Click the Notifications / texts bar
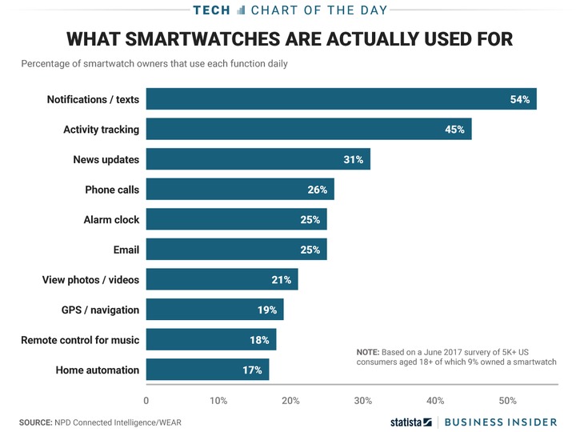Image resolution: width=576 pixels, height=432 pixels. [x=341, y=99]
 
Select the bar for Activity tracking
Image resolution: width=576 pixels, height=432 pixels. [x=308, y=129]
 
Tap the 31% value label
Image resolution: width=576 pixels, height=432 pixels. [x=354, y=159]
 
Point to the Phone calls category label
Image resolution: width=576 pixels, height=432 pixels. [x=112, y=190]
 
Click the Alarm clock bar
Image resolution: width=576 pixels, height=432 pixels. [x=236, y=219]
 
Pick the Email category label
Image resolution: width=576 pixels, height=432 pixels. [x=126, y=250]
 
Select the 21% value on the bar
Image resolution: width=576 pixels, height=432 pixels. [x=282, y=280]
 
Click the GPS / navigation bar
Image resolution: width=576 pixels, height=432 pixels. [x=214, y=310]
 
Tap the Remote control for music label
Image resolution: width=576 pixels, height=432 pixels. [x=80, y=340]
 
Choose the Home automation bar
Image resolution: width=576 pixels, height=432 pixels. [x=207, y=370]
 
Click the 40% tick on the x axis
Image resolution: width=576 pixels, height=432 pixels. [x=435, y=400]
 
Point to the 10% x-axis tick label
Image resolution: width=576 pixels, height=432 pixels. [x=218, y=400]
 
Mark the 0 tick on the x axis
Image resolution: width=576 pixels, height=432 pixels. [x=146, y=400]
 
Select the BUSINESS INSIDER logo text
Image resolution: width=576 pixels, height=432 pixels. [x=500, y=422]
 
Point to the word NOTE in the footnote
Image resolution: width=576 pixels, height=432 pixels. [x=369, y=352]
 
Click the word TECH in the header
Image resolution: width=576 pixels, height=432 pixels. [x=211, y=10]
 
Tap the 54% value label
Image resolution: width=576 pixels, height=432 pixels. [x=520, y=99]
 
